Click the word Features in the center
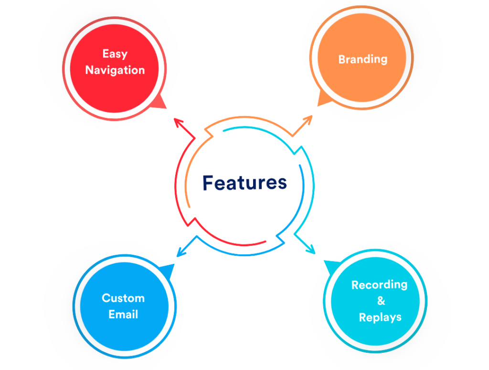[x=244, y=183]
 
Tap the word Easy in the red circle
[x=115, y=54]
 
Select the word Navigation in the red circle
[x=115, y=70]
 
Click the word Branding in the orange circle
[x=362, y=59]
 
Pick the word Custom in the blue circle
[x=123, y=298]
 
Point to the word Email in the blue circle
[x=123, y=315]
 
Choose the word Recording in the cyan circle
[x=379, y=285]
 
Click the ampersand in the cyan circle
[x=381, y=301]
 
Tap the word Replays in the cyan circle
[x=380, y=317]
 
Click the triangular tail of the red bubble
[x=159, y=102]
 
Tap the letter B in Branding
[x=342, y=59]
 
